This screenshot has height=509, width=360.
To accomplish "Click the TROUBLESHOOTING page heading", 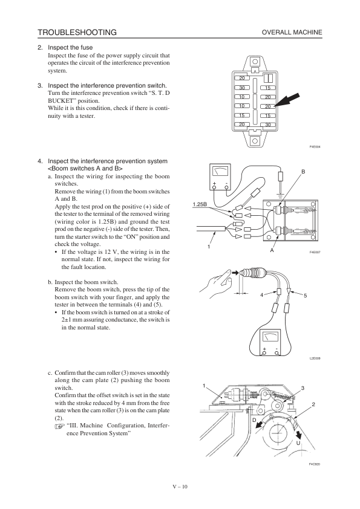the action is [x=77, y=32].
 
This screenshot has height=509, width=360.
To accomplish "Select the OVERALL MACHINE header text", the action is [x=292, y=32].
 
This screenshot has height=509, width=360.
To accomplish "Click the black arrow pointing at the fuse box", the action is [x=287, y=100].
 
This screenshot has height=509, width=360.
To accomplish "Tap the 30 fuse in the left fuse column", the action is [x=242, y=88].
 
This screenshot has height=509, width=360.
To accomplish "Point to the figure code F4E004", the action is [x=315, y=147].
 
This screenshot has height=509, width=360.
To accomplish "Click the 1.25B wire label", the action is [x=200, y=204].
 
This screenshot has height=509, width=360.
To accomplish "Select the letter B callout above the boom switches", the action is [x=303, y=172].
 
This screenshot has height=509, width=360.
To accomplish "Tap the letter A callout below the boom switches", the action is [x=272, y=250].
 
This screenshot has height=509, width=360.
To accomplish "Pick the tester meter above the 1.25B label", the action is [x=220, y=177].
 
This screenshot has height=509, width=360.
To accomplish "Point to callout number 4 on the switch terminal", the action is [x=261, y=295].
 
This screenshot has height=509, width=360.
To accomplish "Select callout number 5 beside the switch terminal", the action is [x=305, y=296].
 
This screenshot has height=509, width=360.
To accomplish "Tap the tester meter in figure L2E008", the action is [x=270, y=343].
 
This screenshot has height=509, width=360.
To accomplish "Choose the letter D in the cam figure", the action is [x=254, y=420].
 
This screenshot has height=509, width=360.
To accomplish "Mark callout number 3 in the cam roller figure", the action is [x=303, y=388].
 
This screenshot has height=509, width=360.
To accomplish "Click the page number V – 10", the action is [x=180, y=487].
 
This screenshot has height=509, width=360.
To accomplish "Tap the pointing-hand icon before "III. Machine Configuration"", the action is [x=60, y=427].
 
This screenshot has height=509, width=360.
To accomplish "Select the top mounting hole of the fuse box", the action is [x=255, y=61].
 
